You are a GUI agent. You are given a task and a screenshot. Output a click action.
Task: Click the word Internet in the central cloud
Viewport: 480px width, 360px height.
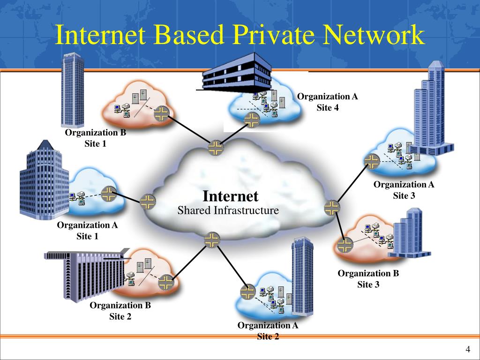point(230,196)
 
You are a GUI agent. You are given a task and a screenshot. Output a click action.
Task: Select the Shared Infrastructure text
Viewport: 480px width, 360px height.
point(228,210)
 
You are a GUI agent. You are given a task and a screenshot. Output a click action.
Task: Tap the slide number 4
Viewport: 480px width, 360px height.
point(467,350)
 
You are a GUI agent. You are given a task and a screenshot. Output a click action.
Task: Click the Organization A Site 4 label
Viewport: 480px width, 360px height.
point(327,102)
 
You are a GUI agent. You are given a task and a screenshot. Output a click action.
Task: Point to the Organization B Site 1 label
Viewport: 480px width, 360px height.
point(95,138)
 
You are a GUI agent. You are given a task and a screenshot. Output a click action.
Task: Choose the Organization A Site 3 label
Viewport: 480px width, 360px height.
point(404,190)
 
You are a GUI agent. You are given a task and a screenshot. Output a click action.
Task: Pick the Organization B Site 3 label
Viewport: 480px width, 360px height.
point(368,279)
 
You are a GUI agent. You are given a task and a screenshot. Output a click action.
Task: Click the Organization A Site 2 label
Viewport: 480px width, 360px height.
point(268,330)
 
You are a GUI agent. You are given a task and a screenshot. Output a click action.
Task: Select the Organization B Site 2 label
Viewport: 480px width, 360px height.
point(120,311)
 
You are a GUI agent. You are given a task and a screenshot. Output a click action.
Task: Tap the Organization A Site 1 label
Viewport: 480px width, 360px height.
point(87,231)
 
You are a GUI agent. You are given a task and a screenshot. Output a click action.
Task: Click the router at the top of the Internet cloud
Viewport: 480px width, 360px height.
point(216,148)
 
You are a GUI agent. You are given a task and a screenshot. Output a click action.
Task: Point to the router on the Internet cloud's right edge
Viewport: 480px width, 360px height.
point(332,208)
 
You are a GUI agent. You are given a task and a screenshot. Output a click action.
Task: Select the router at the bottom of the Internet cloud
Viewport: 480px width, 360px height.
point(212,240)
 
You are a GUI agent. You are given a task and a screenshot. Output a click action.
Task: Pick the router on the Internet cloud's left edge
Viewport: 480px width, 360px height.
point(147,202)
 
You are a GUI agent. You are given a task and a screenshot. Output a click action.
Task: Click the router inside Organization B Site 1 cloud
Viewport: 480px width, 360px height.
point(161,113)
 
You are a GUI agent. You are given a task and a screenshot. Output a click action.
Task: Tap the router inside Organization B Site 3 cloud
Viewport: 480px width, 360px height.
point(345,245)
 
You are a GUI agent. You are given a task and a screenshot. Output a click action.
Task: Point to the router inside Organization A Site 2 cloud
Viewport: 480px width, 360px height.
point(247,292)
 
